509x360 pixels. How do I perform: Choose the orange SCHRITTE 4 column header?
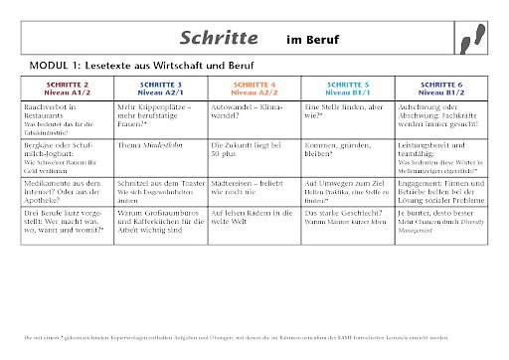coord(254,88)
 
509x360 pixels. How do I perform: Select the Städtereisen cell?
coord(254,189)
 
